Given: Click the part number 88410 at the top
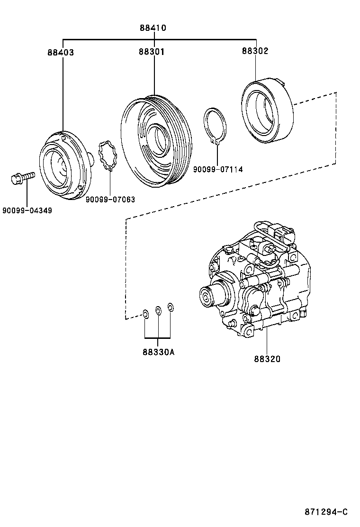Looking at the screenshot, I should coord(153,28).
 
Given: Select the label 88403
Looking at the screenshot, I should coord(61,53).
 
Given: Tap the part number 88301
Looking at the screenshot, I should coord(152,52).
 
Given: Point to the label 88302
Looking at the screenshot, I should coord(255,51).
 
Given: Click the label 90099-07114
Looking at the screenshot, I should coord(218,169).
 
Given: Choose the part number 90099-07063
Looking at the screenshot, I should coord(110,200).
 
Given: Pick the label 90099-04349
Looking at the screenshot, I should coord(27,210).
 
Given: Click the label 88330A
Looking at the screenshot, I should coord(158,352).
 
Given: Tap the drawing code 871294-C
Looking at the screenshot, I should coord(326,512).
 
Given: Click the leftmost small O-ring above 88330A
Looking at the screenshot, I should coord(145,313).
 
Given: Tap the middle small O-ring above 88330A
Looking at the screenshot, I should coord(159,310).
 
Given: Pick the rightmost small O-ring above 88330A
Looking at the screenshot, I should coord(171,308).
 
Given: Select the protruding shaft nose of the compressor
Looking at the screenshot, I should coord(208,297).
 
